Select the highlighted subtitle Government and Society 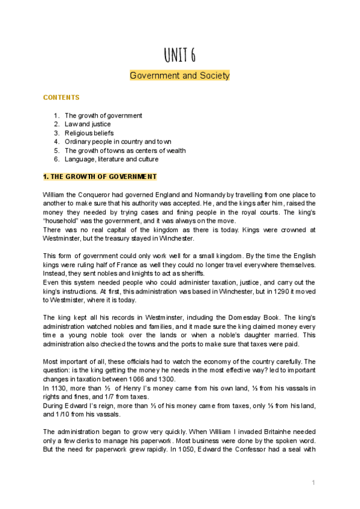[x=179, y=76]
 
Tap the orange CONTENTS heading [x=61, y=97]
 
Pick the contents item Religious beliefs [x=89, y=133]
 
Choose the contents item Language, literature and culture [x=112, y=159]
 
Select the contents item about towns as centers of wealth [x=125, y=151]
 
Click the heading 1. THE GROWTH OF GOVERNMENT [x=100, y=177]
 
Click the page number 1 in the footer [x=313, y=483]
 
